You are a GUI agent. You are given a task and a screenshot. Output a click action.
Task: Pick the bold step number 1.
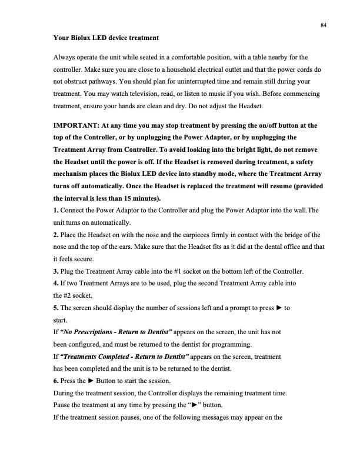pyautogui.click(x=56, y=210)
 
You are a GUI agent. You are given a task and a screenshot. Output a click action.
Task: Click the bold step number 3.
pyautogui.click(x=56, y=271)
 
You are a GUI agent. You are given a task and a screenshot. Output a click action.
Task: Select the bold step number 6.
pyautogui.click(x=56, y=380)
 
